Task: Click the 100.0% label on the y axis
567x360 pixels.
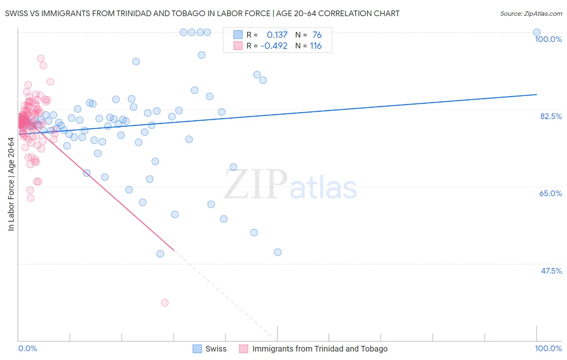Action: tap(548, 39)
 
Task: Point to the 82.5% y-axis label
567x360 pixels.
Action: tap(551, 116)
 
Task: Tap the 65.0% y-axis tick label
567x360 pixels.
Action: tap(550, 193)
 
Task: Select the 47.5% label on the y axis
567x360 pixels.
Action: tap(551, 271)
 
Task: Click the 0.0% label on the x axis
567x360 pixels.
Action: tap(28, 348)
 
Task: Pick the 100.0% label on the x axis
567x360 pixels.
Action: tap(548, 348)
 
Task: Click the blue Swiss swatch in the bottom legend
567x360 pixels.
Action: tap(197, 349)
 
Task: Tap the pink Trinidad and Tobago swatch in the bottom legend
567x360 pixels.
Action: tap(244, 349)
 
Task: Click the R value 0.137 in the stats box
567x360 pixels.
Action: tap(277, 35)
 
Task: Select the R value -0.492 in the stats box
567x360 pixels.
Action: tap(274, 46)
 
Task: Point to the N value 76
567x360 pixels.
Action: tap(317, 35)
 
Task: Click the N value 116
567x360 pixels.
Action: tap(316, 46)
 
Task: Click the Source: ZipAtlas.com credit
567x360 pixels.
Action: tap(531, 13)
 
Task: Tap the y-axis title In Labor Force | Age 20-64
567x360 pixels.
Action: tap(11, 184)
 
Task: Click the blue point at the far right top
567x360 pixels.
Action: tap(537, 32)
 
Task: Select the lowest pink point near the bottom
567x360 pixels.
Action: tap(165, 303)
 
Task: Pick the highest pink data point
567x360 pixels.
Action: tap(41, 59)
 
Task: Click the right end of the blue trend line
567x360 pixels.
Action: tap(536, 94)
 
